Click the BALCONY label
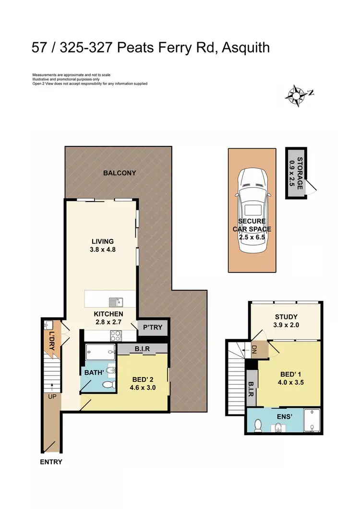pyautogui.click(x=120, y=173)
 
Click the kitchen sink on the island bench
pyautogui.click(x=115, y=302)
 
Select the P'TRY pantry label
pyautogui.click(x=153, y=328)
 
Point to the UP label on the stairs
pyautogui.click(x=50, y=397)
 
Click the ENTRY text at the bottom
pyautogui.click(x=51, y=462)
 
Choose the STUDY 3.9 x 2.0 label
pyautogui.click(x=286, y=321)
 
